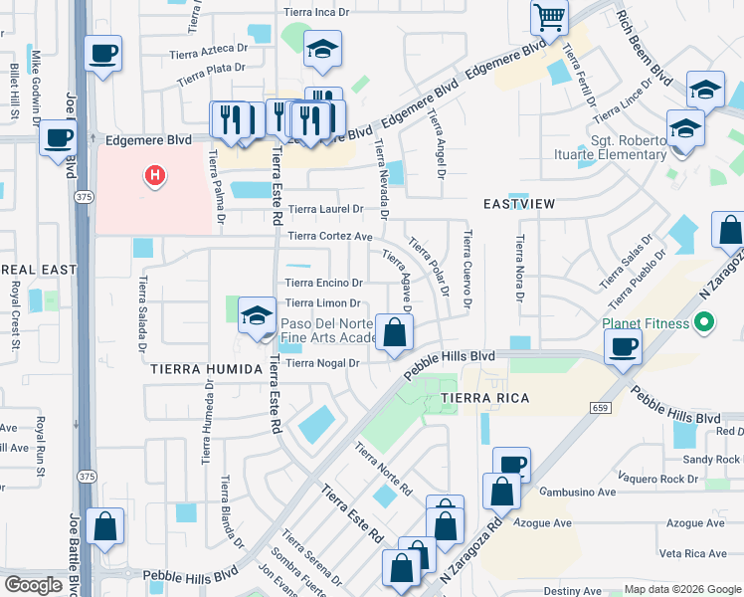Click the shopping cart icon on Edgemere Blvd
pos(549,18)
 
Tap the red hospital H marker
pos(155,177)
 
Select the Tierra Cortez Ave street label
pos(329,236)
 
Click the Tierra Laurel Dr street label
pos(326,210)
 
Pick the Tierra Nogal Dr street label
pos(321,363)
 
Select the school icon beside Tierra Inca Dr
pos(322,50)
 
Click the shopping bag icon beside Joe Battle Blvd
pos(104,525)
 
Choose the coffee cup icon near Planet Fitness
pos(623,347)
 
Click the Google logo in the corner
pos(34,585)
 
